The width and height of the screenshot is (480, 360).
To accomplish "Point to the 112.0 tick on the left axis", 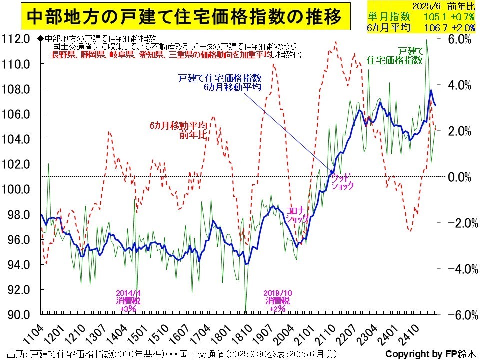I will tap(17, 39).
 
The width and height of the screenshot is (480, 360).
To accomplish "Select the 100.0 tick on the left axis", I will tap(17, 189).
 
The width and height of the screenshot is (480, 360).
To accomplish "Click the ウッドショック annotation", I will tap(342, 181).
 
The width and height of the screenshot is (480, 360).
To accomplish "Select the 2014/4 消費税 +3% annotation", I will tap(129, 300).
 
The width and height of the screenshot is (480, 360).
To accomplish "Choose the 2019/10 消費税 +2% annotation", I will tap(276, 300).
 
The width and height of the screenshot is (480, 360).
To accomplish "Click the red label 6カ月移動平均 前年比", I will tap(178, 130).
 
